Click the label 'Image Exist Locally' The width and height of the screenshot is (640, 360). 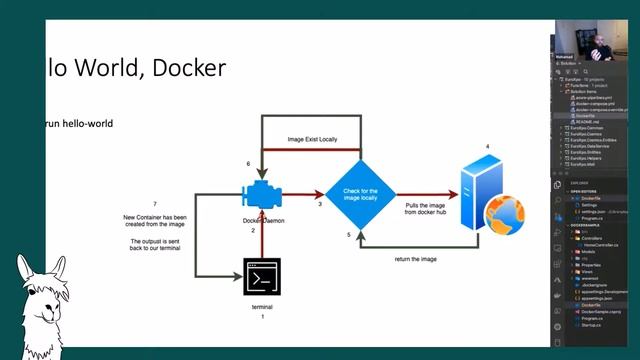tap(313, 140)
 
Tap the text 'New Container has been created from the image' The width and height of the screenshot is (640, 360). tap(155, 221)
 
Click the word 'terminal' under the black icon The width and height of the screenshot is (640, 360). tap(261, 307)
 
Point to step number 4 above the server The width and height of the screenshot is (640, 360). tap(487, 147)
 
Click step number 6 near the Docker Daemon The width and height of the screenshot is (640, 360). tap(248, 163)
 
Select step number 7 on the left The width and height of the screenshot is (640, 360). tap(154, 204)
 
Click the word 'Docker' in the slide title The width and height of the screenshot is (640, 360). tap(190, 67)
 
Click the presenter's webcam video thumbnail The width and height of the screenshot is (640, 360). tap(594, 37)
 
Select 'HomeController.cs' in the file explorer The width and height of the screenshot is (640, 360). tap(599, 244)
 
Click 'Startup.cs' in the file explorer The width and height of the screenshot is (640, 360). tap(592, 325)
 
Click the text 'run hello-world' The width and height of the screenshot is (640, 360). tap(79, 124)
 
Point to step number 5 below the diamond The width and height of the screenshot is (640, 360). tap(348, 234)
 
